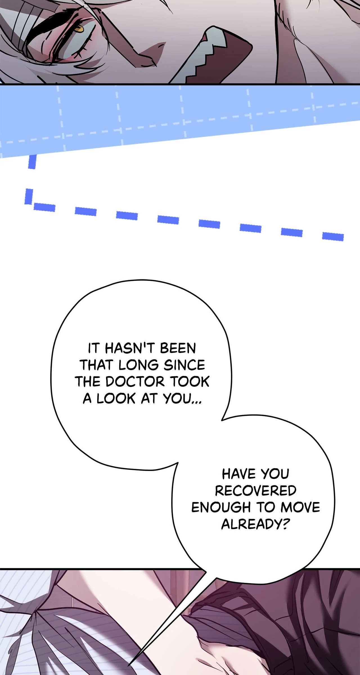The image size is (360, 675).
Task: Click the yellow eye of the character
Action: coord(79,28)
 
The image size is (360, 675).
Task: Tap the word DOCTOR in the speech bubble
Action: coord(135,382)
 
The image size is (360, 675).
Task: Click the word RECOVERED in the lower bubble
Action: coord(256,491)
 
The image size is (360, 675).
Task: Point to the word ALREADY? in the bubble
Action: coord(255,524)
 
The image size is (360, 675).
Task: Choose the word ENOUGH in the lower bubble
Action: coord(221,507)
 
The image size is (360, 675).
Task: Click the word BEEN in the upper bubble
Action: coord(178,348)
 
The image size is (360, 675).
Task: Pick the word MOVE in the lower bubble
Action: coord(300,507)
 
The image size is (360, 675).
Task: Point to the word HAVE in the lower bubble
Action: coord(236,474)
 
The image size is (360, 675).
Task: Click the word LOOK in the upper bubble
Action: coord(116,399)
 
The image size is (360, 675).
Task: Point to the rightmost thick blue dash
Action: coord(333,237)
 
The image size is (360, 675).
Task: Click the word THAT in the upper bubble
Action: coord(96,365)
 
